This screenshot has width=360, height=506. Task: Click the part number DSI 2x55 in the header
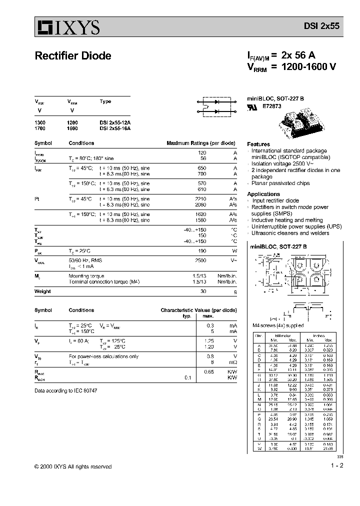[322, 28]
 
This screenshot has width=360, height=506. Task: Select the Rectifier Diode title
[73, 56]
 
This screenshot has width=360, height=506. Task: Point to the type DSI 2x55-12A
[114, 122]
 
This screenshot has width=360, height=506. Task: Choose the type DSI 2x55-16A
[114, 128]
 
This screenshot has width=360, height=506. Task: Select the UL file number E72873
[272, 106]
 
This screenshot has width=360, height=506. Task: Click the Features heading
[258, 144]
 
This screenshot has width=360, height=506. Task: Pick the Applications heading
[263, 194]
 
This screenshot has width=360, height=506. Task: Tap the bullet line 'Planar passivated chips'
[280, 183]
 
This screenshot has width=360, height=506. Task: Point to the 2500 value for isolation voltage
[200, 261]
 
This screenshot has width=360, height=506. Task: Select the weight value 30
[203, 291]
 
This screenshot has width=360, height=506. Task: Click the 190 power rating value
[202, 250]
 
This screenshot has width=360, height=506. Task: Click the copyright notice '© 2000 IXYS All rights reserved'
[73, 466]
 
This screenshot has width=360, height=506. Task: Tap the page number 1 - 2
[336, 466]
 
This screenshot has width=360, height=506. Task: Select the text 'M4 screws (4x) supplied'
[277, 325]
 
